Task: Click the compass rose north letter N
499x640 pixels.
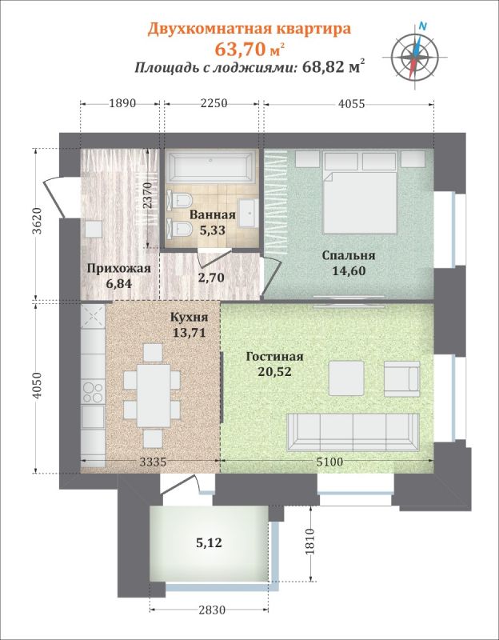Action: click(x=423, y=27)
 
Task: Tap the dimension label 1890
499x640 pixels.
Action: click(x=122, y=103)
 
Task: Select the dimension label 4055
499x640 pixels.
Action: click(x=351, y=104)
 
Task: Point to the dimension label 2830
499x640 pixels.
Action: click(x=212, y=610)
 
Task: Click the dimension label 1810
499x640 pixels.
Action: click(x=310, y=542)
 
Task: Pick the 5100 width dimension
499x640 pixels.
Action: click(x=329, y=462)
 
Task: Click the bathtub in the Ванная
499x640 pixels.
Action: click(x=211, y=166)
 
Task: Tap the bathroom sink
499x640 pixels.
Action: click(x=247, y=213)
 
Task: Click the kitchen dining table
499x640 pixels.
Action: click(x=154, y=395)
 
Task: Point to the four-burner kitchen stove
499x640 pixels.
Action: click(x=93, y=392)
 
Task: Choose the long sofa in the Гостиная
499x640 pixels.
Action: click(x=353, y=432)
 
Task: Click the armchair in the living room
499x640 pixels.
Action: click(x=402, y=378)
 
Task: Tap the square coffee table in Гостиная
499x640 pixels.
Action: click(x=346, y=378)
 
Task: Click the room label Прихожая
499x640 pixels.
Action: click(x=119, y=269)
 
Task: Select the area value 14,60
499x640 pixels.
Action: click(x=349, y=270)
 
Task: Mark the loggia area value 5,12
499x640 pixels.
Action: click(x=209, y=543)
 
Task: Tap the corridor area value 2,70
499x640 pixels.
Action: click(x=211, y=278)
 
